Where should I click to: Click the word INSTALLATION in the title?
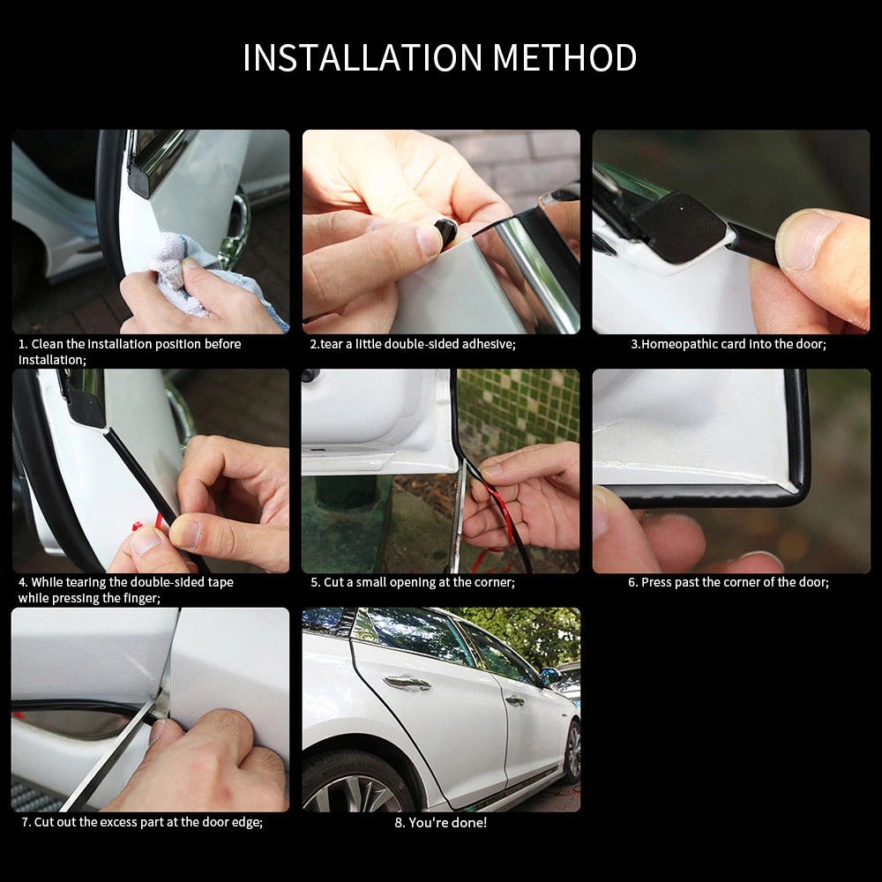[363, 57]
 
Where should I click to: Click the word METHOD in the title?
[564, 57]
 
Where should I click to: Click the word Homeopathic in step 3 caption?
[681, 344]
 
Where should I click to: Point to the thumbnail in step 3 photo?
[804, 240]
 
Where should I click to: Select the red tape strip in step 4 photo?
[151, 523]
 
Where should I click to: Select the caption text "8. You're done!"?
[440, 822]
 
